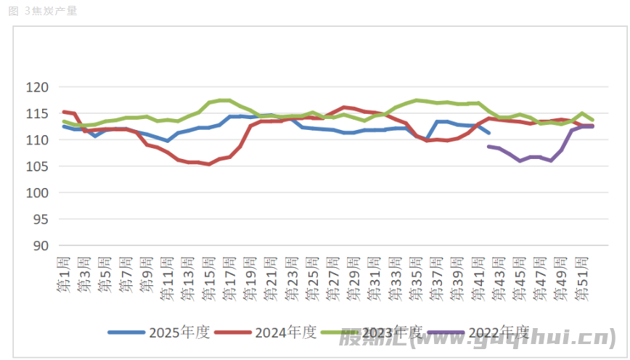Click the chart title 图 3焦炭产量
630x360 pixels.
(43, 11)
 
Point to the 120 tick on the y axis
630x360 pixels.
(38, 87)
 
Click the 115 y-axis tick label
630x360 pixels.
(38, 114)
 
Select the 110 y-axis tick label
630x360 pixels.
(38, 140)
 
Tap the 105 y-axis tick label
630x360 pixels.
(38, 166)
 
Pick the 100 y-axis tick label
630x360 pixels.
(38, 193)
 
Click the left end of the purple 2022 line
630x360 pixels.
(488, 147)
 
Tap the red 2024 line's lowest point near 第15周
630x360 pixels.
(209, 164)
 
